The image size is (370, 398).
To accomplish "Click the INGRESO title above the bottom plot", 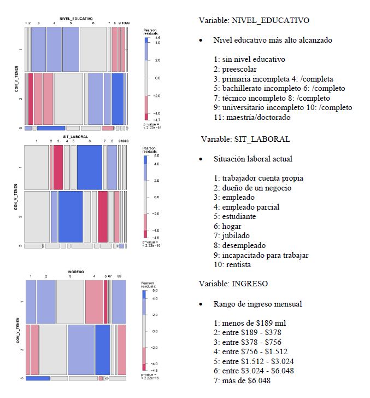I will coord(76,272).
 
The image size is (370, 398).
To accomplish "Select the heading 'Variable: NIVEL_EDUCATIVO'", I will coord(254,21).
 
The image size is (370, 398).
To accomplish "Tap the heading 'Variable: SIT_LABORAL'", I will coord(245,139).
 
